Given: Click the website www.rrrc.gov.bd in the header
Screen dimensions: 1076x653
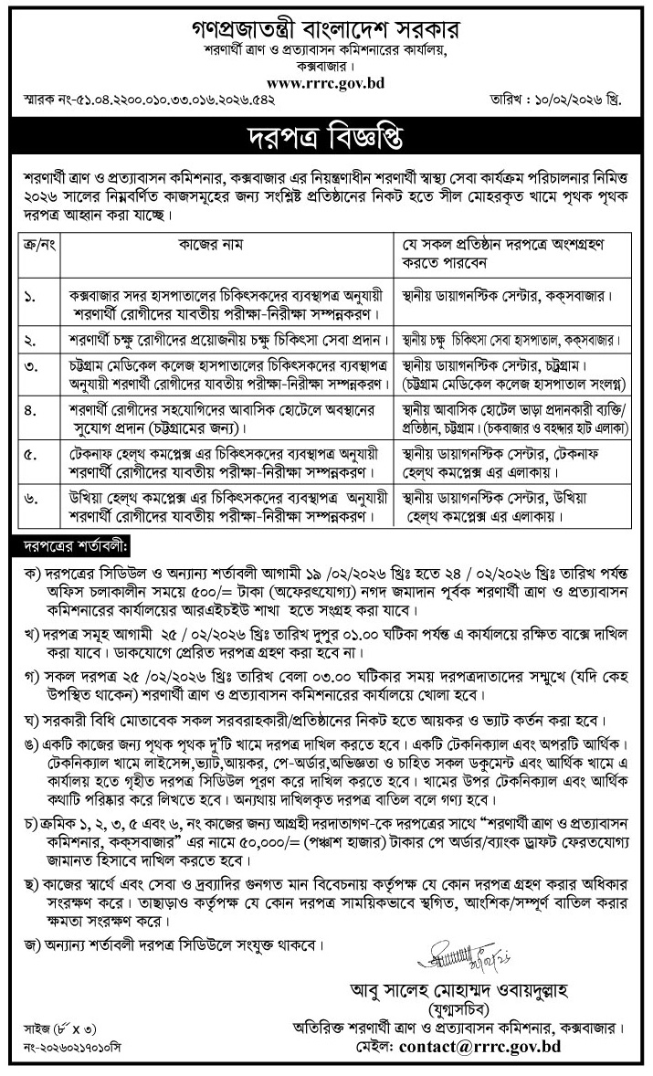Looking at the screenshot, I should click(x=325, y=82).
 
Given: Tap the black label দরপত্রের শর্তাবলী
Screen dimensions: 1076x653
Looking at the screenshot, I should click(x=77, y=546).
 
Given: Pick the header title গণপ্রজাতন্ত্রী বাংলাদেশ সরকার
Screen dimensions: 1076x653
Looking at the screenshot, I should click(x=325, y=29).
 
